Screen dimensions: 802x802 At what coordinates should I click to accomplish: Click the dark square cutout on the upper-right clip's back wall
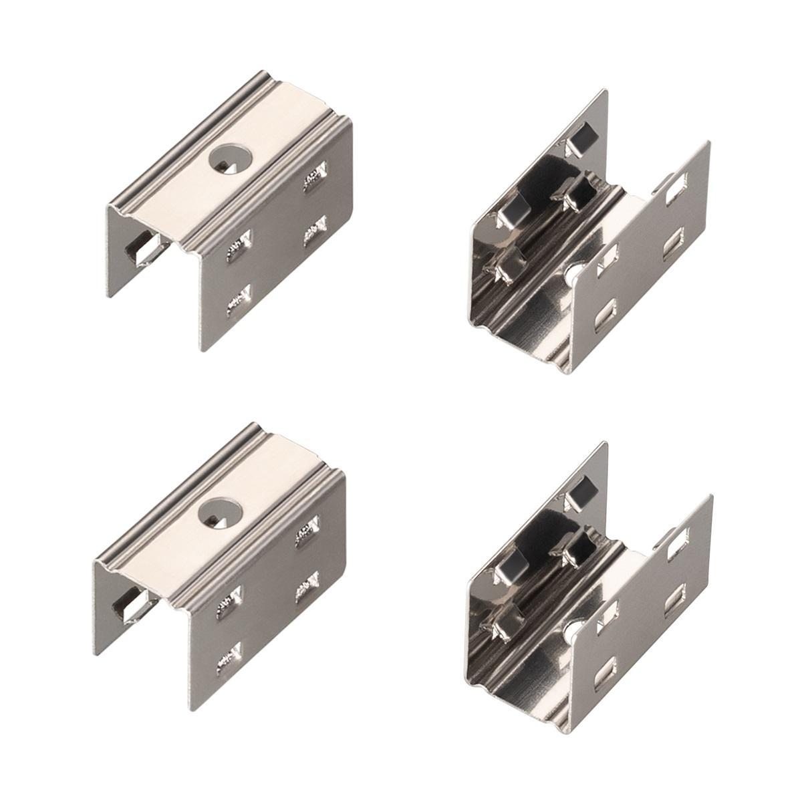(576, 140)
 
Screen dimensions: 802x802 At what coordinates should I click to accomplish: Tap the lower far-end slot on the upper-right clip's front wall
(673, 242)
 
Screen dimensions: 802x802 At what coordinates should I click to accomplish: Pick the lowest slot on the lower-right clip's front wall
(607, 661)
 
